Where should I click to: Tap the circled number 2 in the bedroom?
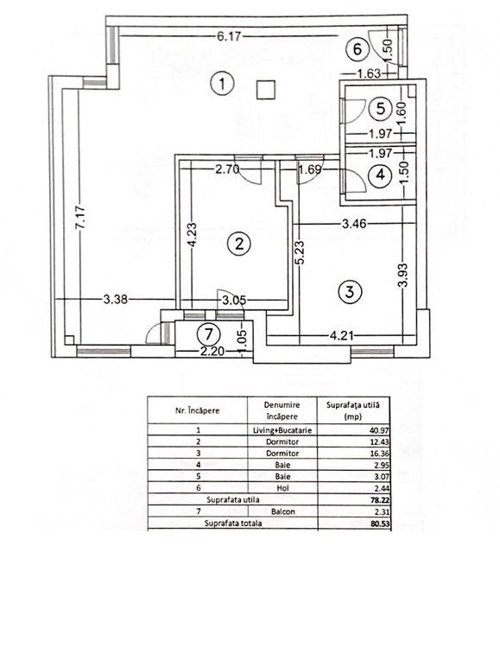click(238, 244)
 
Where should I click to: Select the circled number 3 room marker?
click(348, 292)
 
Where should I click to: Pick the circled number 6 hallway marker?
click(361, 49)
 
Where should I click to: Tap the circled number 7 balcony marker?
click(206, 333)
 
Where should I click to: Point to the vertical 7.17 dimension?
click(80, 214)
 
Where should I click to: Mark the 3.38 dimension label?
click(116, 301)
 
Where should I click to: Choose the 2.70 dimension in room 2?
click(228, 169)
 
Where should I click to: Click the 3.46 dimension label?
click(356, 225)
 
